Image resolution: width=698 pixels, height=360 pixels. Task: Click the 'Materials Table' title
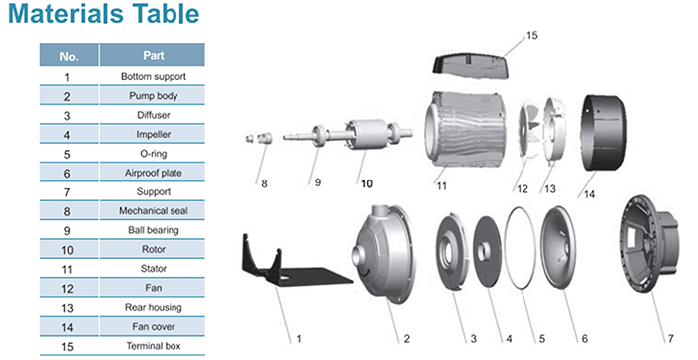[x=104, y=14]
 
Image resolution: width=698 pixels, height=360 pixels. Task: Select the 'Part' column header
[x=153, y=55]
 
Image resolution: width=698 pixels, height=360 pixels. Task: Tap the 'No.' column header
[x=69, y=56]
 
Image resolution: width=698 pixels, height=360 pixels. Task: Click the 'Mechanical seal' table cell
[x=153, y=211]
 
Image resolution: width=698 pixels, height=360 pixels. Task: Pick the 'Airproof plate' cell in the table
[x=153, y=173]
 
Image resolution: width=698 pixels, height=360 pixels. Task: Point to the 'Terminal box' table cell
[x=153, y=346]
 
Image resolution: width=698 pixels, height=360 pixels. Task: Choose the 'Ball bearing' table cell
[x=153, y=230]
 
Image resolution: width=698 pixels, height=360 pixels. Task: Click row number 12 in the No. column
[x=67, y=289]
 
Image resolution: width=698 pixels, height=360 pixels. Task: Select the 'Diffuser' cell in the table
[x=153, y=115]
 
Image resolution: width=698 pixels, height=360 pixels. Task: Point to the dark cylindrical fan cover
[x=604, y=133]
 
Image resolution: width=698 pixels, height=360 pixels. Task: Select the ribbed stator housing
[x=463, y=128]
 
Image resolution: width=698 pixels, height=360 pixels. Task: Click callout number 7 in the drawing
[x=670, y=339]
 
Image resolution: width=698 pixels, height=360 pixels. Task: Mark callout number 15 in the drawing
[x=531, y=35]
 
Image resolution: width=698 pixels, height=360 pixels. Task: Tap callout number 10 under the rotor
[x=366, y=183]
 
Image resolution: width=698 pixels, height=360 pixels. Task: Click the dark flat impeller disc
[x=487, y=252]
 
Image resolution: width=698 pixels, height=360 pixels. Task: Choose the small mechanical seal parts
[x=259, y=138]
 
